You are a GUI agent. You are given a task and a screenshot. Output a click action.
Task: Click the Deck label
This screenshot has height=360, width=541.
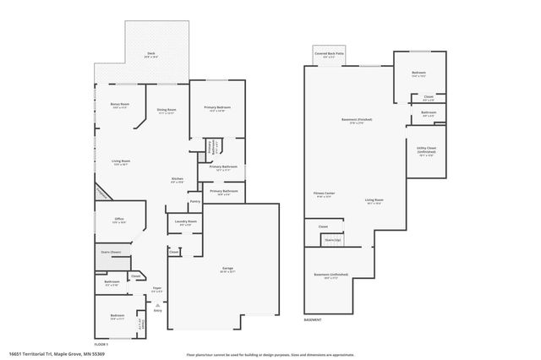coord(150,55)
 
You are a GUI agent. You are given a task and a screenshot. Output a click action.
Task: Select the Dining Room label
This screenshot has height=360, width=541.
coord(167,111)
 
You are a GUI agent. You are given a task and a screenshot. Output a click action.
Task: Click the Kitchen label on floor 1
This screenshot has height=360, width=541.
coord(178,180)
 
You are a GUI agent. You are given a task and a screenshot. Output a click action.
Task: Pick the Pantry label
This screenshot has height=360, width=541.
coord(194,202)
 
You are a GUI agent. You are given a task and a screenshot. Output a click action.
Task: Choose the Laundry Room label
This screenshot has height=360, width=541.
coord(186,222)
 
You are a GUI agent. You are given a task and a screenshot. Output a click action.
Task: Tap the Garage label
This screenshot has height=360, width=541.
coord(227,270)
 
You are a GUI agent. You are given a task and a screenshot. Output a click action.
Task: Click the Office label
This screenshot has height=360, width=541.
coord(119,221)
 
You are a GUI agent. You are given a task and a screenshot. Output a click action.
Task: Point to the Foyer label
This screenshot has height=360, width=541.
coord(156,289)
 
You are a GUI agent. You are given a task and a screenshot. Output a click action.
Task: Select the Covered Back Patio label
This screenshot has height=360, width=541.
coord(329,54)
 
